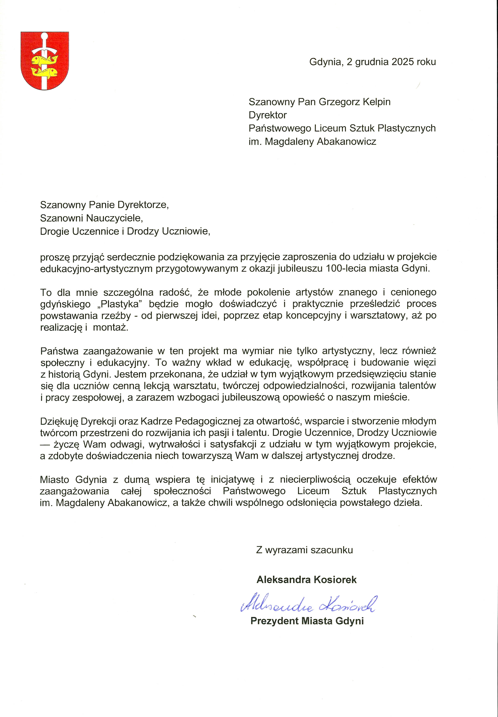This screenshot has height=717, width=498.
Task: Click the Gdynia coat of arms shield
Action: (45, 61)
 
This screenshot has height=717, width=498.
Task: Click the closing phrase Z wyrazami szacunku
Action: (304, 550)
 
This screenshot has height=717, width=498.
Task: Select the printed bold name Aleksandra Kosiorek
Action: (306, 580)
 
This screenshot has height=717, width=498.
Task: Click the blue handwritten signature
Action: (309, 603)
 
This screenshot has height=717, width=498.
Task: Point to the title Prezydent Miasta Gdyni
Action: (307, 621)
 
